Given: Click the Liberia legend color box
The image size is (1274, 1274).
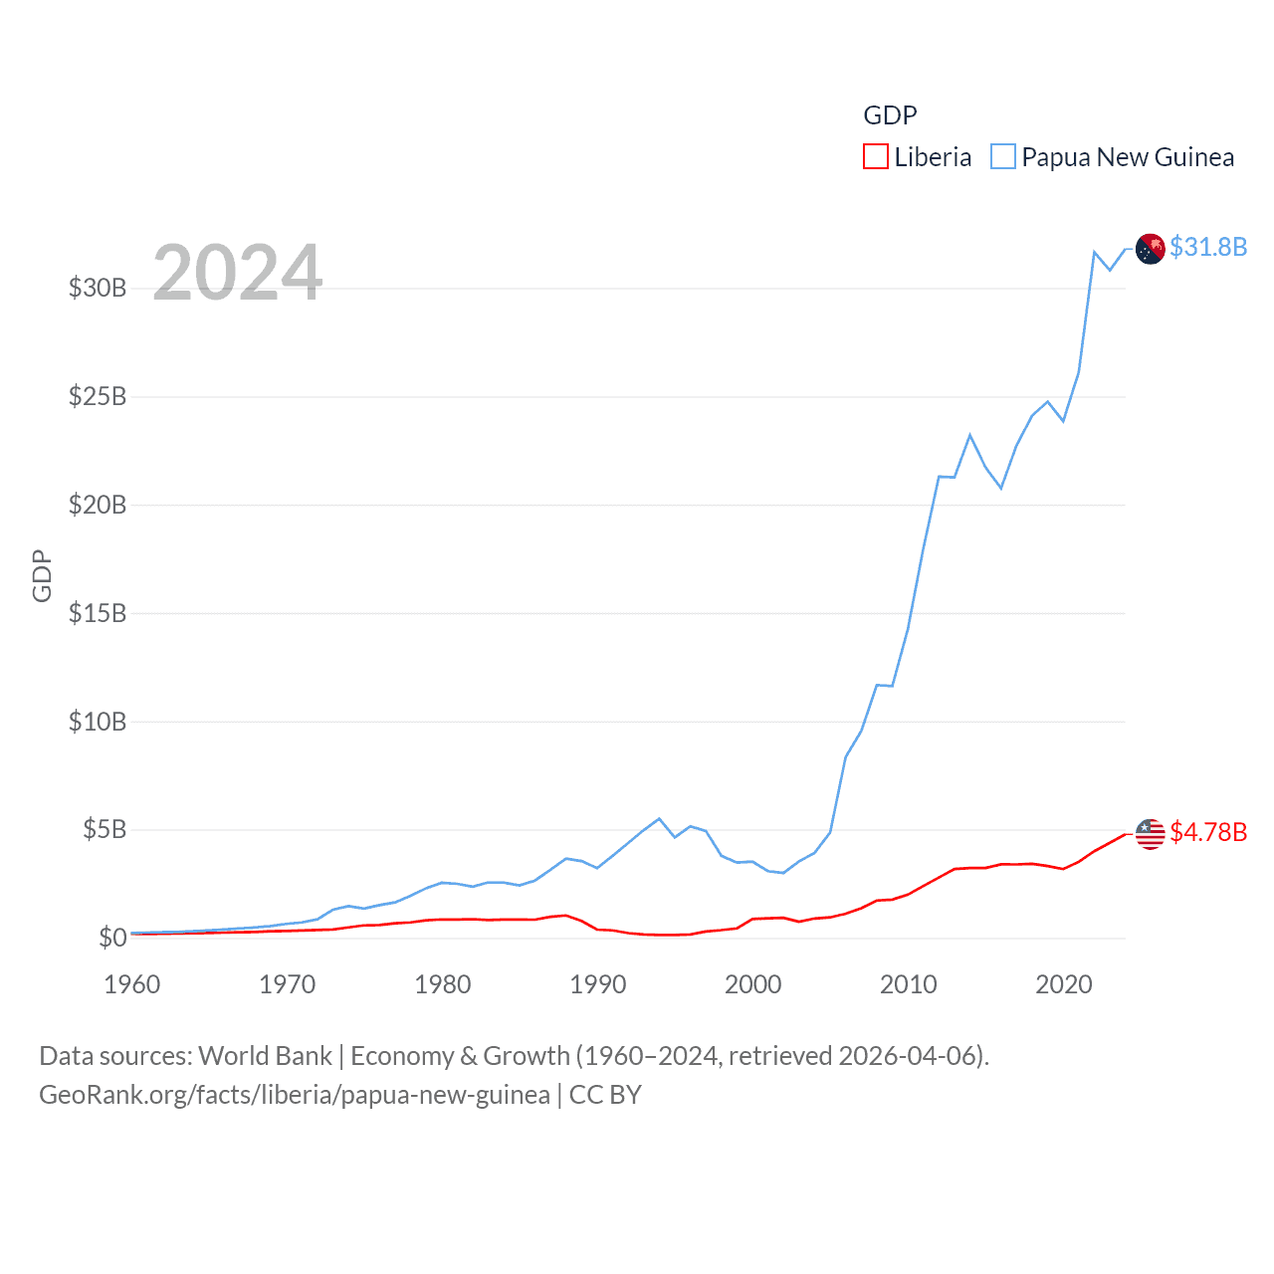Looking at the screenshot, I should coord(875,157).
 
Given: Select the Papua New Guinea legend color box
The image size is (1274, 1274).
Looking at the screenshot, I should coord(1003,157).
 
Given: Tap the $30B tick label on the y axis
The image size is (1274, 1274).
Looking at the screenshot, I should coord(98,289).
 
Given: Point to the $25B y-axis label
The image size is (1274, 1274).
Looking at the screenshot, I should coord(98,397).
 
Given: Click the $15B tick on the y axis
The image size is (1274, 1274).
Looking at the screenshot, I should coord(98,613).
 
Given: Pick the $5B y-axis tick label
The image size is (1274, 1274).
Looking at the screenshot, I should coord(105,829).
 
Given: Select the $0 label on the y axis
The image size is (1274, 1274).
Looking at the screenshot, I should coord(112,938).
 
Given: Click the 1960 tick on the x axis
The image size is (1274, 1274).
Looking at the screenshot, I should coord(132,984).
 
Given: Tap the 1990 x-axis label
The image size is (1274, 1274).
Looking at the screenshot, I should coord(598,984).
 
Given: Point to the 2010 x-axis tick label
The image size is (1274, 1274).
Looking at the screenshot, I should coord(909,984).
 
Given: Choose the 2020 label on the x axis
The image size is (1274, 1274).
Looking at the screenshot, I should coord(1064,984).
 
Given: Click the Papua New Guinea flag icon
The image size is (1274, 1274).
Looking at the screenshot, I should coord(1151,249).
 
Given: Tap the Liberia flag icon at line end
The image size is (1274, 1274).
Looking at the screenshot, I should coord(1151,834).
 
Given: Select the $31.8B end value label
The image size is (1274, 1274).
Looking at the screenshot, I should coord(1208,247).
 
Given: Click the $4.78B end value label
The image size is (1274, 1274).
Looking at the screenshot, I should coord(1208,832).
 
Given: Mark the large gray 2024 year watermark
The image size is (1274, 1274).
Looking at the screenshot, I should coord(238,273).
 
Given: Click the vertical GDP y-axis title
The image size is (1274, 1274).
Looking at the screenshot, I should coord(42,575).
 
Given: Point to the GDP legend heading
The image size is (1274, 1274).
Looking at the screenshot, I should coord(890,115).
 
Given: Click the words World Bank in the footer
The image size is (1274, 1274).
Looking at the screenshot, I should coord(266,1056).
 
